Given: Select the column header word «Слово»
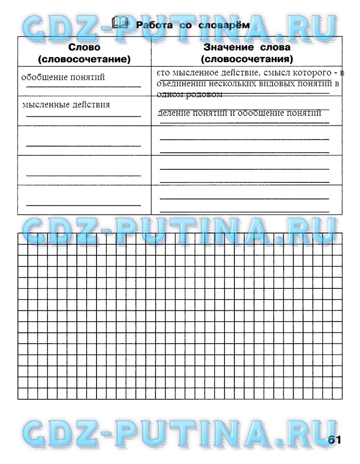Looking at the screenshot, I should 84,47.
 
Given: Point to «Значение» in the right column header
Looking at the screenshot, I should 226,47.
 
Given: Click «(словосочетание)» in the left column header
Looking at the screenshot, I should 84,59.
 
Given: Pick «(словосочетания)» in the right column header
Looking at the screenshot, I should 247,59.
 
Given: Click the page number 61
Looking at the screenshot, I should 334,440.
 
